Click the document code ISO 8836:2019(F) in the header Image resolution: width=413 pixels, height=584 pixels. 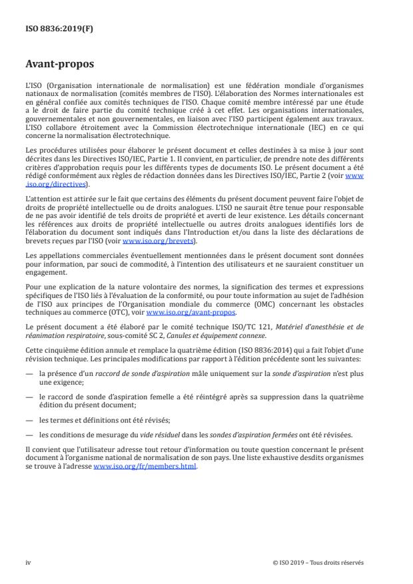pyautogui.click(x=54, y=29)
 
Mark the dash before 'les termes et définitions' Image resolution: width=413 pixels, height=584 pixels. pyautogui.click(x=29, y=419)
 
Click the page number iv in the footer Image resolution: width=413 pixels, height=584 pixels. pyautogui.click(x=29, y=562)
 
